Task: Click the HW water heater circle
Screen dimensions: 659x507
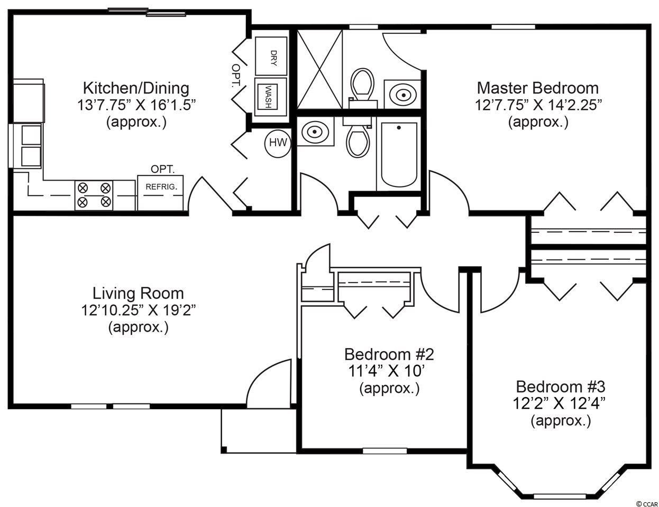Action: [278, 144]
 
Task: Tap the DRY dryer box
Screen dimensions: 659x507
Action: [271, 56]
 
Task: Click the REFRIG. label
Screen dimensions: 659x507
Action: [161, 187]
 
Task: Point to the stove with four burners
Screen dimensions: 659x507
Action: [94, 195]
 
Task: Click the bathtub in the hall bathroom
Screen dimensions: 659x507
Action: [399, 155]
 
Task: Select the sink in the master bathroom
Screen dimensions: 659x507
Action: [402, 95]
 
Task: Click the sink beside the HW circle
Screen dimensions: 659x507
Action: [315, 132]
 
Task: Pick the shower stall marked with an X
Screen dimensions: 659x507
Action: [319, 69]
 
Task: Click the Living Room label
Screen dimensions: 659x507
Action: [138, 293]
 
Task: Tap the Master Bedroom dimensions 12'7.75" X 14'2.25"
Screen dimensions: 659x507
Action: [538, 105]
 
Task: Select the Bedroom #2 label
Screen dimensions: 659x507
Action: [389, 354]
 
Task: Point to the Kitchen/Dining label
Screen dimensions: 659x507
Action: [136, 89]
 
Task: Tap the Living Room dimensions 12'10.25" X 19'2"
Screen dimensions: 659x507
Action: [138, 310]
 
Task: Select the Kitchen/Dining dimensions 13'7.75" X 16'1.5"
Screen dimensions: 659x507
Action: [136, 105]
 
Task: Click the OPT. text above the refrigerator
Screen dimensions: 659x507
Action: [163, 169]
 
